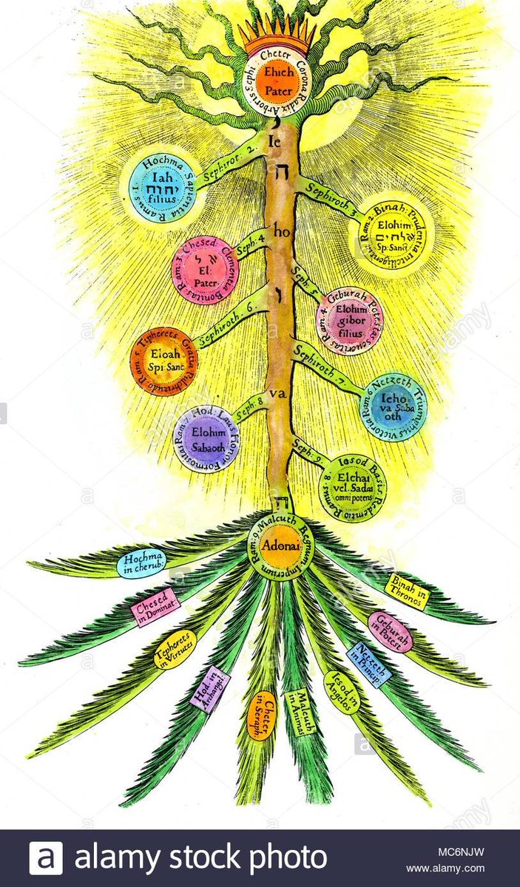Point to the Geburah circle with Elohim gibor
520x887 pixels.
348,320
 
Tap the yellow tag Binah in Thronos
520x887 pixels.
406,591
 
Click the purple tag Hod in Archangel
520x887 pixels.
209,688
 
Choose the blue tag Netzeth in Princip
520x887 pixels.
367,664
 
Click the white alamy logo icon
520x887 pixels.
46,858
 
